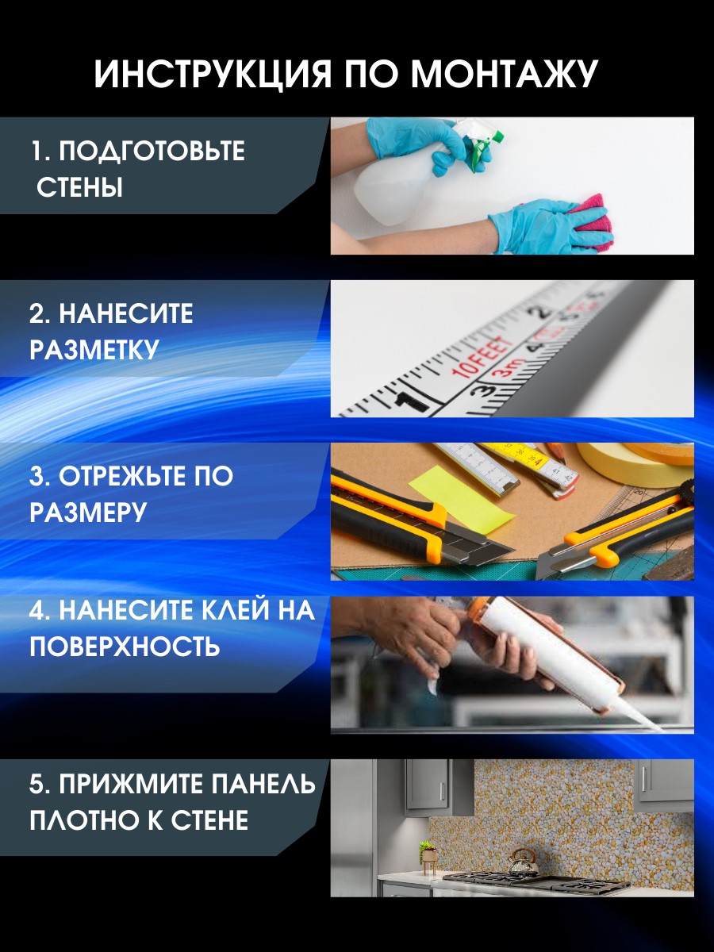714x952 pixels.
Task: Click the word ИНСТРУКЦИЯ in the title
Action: [x=213, y=75]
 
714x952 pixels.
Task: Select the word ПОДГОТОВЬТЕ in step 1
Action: [x=152, y=152]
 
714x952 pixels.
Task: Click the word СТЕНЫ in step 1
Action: [x=79, y=188]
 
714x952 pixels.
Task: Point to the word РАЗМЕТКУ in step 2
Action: [x=94, y=350]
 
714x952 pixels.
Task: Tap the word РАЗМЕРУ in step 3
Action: [x=88, y=512]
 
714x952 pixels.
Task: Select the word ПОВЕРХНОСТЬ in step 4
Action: [x=125, y=647]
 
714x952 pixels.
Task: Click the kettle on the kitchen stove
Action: [x=522, y=870]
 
